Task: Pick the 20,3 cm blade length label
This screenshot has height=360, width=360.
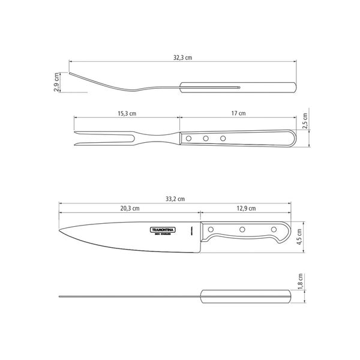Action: (x=129, y=209)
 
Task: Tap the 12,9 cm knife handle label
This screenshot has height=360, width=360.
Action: (x=245, y=209)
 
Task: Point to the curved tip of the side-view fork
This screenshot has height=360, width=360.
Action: (x=70, y=74)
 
